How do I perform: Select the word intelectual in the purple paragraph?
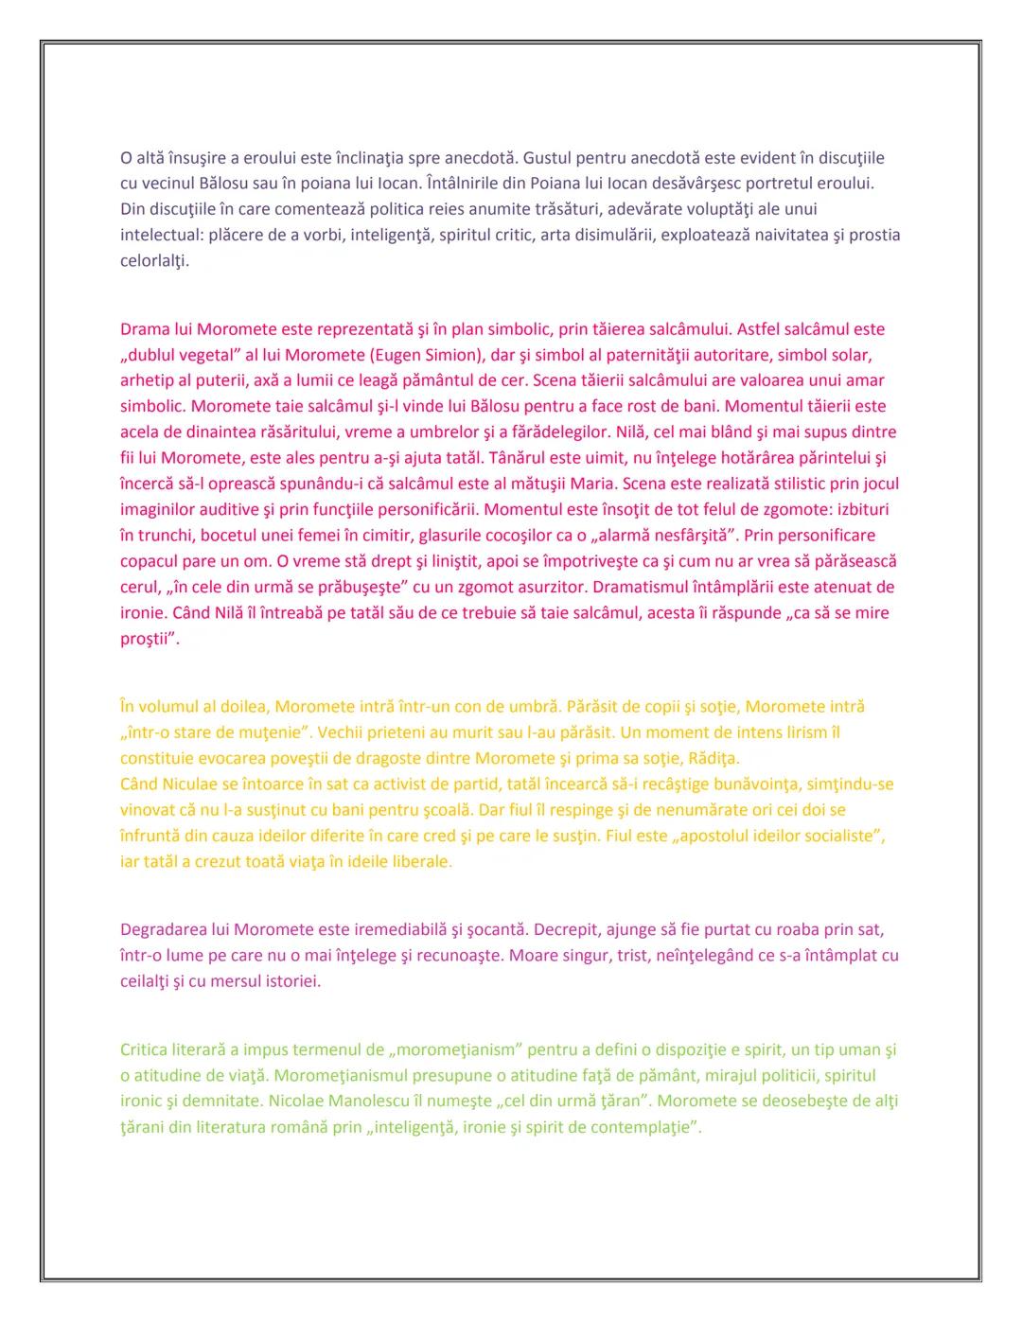(159, 235)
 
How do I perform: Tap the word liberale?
(420, 861)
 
